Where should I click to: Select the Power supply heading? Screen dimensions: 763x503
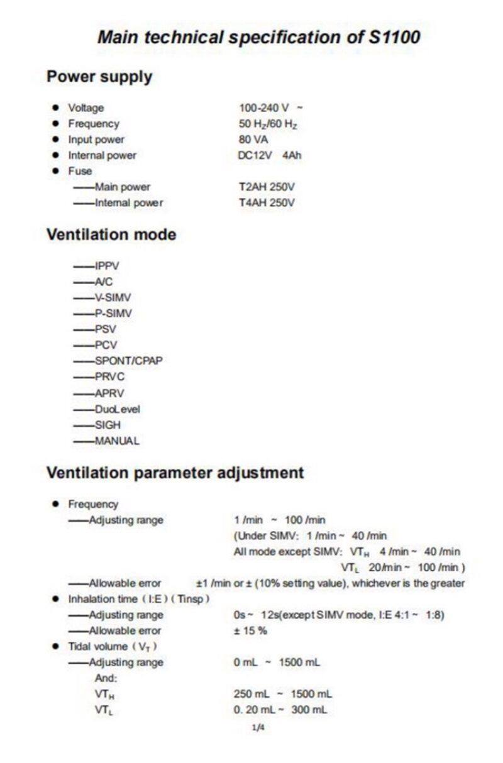[x=99, y=77]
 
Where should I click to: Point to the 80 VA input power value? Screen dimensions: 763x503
[x=253, y=140]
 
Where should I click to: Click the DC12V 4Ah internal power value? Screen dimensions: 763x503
[x=270, y=155]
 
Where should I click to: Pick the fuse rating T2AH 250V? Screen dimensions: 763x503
[x=267, y=187]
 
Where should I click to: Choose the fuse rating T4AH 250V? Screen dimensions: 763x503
[x=267, y=202]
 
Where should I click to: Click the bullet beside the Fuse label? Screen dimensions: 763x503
[x=56, y=170]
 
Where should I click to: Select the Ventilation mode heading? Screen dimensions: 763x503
[x=111, y=235]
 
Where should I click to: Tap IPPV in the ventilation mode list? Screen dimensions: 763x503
[x=106, y=266]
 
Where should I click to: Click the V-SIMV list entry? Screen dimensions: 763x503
[x=113, y=297]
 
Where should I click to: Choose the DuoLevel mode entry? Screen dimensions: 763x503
[x=118, y=409]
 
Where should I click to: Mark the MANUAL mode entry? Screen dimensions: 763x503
[x=117, y=441]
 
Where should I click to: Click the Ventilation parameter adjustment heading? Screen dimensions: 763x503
[x=175, y=473]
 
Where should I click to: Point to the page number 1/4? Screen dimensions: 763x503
[x=258, y=728]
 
